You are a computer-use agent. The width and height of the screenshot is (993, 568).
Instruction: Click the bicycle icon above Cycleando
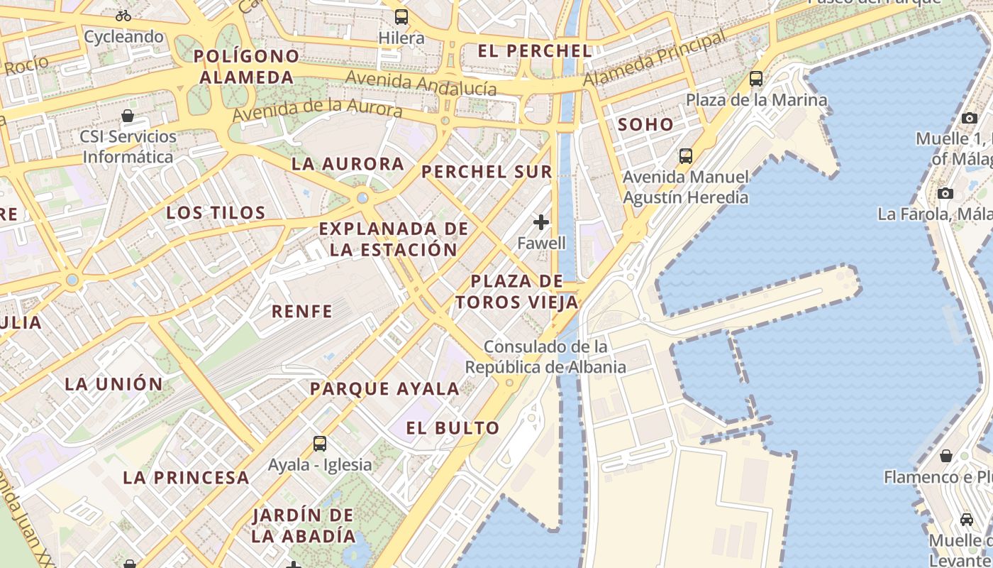[123, 15]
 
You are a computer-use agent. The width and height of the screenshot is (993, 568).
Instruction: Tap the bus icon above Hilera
[401, 16]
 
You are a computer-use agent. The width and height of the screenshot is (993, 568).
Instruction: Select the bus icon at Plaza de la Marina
[756, 79]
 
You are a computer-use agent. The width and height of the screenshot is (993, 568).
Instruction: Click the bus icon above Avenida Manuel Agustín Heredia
[685, 155]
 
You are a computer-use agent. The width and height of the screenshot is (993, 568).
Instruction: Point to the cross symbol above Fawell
[541, 222]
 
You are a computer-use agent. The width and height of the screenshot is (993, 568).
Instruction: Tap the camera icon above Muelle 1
[970, 118]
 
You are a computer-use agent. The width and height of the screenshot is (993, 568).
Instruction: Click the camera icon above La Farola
[945, 193]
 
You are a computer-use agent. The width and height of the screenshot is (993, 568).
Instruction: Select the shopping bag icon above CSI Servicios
[128, 116]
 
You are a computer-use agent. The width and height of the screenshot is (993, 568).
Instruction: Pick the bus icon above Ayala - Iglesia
[320, 444]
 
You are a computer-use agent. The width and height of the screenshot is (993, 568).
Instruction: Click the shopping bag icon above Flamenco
[945, 455]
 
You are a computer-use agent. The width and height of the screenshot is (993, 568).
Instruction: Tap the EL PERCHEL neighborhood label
[535, 51]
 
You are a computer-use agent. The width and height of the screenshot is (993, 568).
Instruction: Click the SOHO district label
[645, 125]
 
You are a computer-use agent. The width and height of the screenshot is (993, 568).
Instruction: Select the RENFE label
[302, 311]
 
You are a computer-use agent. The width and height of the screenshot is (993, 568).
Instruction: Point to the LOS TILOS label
[216, 212]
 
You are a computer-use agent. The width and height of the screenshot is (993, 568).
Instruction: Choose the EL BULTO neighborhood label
[453, 428]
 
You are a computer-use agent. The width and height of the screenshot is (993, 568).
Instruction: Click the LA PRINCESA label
[186, 478]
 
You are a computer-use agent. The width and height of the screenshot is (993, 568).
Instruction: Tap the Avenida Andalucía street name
[421, 83]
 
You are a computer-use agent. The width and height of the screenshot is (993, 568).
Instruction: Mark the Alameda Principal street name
[654, 60]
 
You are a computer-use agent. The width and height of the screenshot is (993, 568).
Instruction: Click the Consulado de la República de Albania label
[545, 357]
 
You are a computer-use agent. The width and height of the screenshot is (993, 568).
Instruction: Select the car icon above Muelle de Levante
[966, 519]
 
